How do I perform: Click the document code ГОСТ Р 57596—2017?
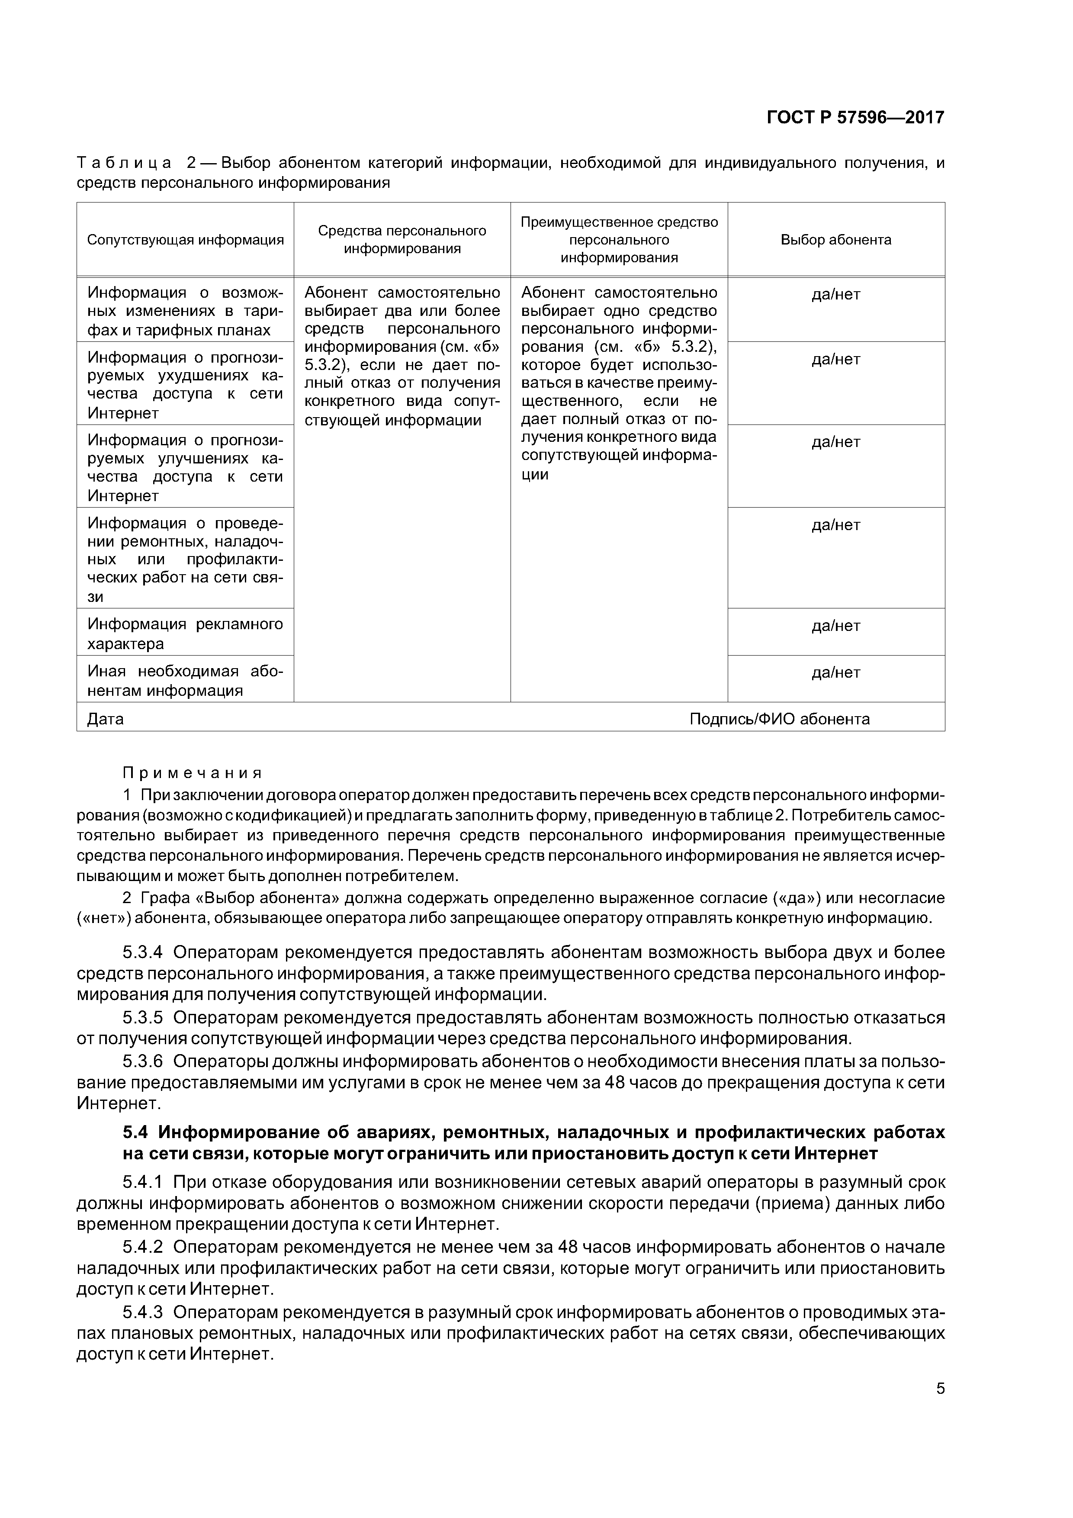[x=855, y=118]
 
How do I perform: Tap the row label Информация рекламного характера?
[x=185, y=634]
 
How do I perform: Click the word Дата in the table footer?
[x=106, y=719]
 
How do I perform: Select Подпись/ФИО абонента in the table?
[x=780, y=719]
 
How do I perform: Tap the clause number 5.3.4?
[x=142, y=953]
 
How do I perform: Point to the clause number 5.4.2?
[x=142, y=1247]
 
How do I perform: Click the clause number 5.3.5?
[x=142, y=1017]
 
